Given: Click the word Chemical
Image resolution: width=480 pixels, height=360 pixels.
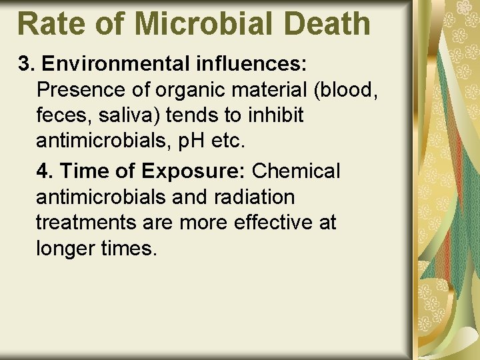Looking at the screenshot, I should tap(296, 171).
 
